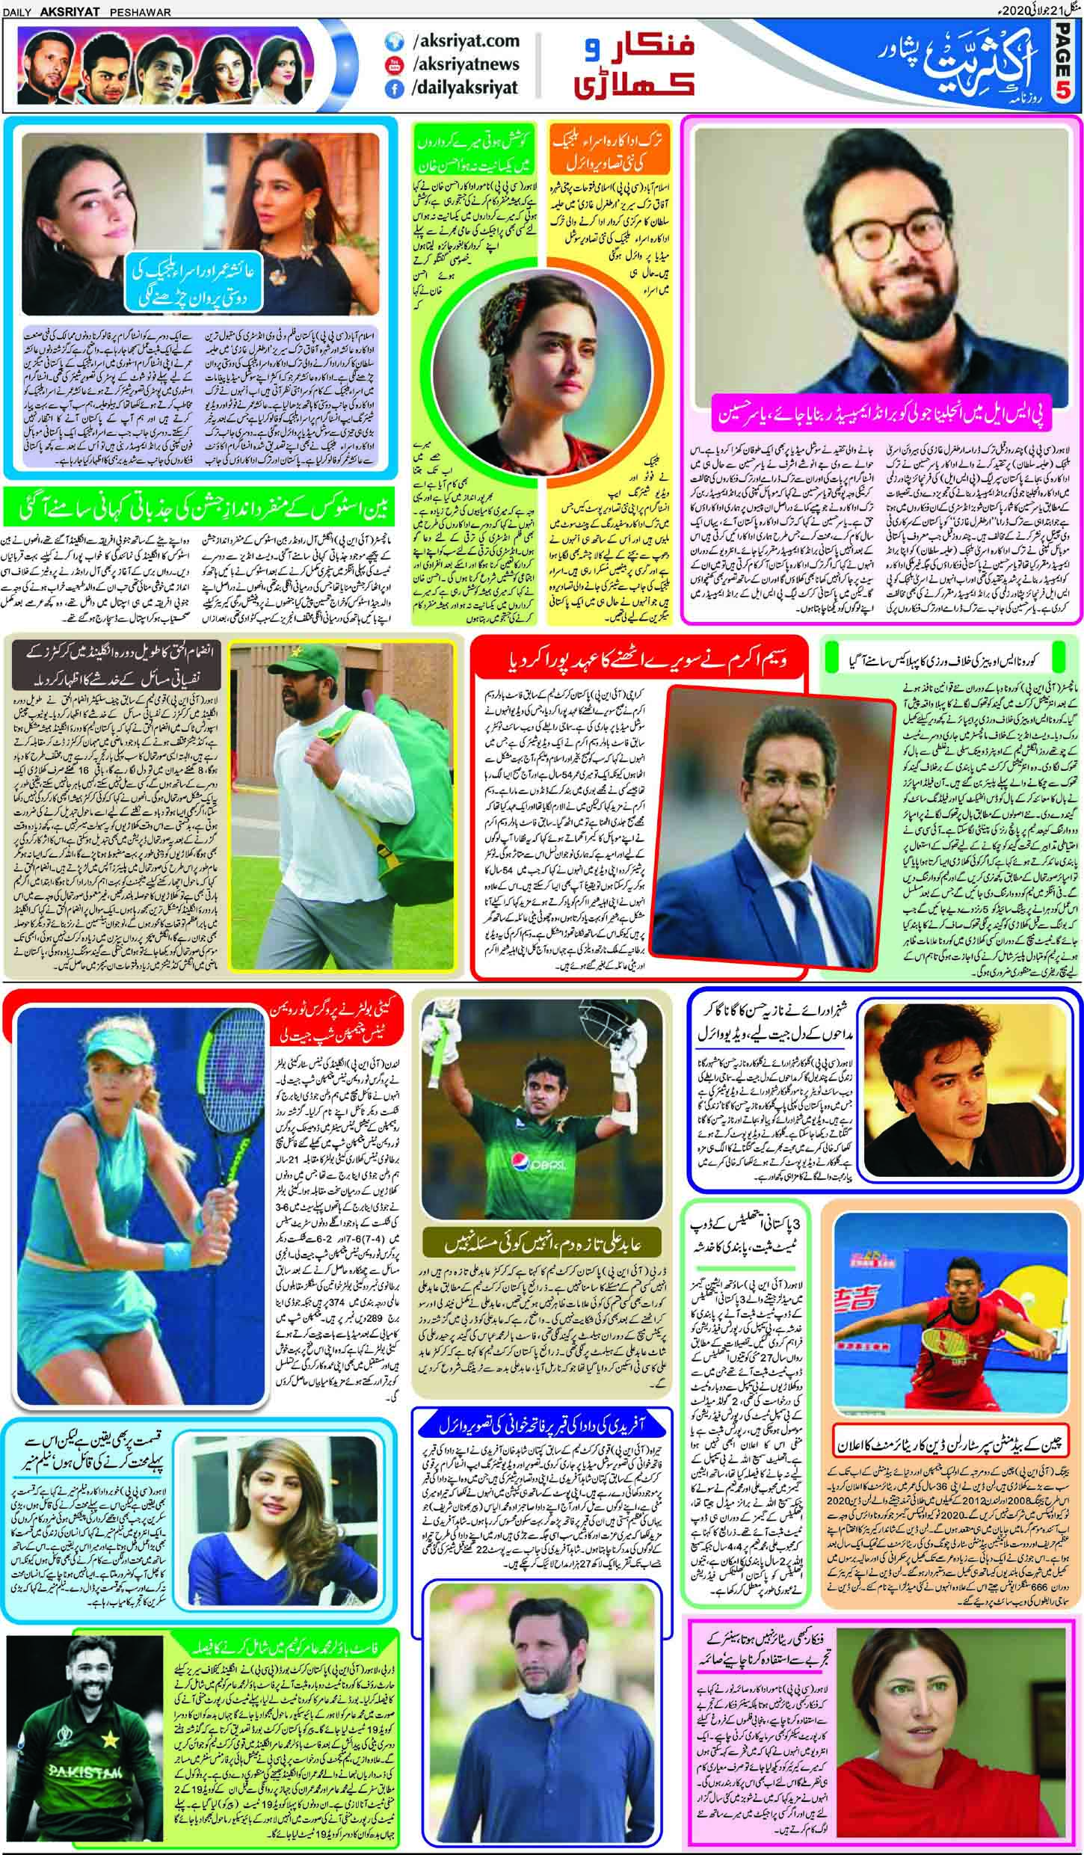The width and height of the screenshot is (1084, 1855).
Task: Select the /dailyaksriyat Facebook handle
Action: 464,88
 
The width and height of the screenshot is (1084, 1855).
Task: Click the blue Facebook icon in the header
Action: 390,89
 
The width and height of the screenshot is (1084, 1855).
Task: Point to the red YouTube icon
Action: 390,65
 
